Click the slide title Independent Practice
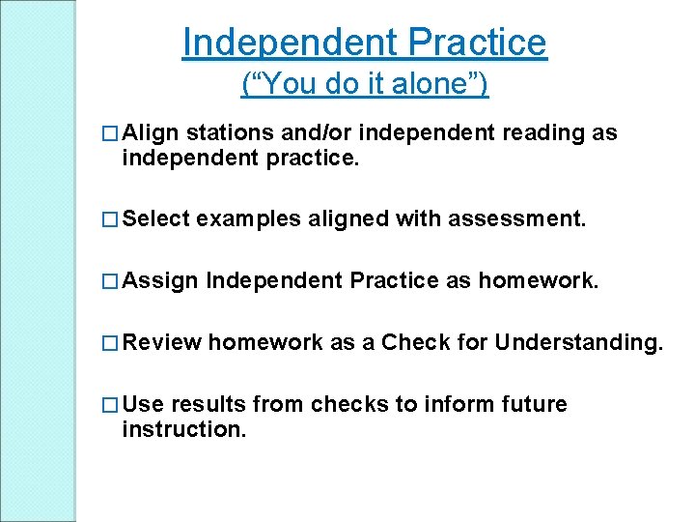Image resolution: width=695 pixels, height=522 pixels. (364, 43)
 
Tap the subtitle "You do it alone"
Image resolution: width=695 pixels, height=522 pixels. (364, 85)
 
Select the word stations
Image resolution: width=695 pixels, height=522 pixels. (226, 132)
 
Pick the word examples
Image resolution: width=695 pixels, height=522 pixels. (248, 219)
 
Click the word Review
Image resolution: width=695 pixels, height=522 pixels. (162, 342)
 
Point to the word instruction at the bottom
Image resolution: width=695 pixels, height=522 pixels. (184, 428)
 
